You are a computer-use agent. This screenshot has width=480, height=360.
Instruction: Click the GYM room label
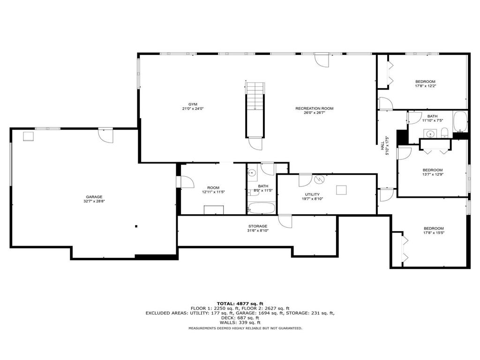coord(193,104)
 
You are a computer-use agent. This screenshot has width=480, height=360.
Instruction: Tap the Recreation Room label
coord(314,108)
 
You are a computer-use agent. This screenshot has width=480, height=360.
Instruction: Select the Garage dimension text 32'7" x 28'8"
coord(94,202)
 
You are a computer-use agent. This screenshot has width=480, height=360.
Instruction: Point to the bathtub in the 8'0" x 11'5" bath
coord(262,208)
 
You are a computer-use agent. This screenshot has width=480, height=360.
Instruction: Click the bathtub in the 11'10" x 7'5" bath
coord(459,122)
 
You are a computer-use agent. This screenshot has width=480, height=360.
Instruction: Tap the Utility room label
coord(312,195)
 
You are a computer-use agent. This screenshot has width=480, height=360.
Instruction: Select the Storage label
coord(258,226)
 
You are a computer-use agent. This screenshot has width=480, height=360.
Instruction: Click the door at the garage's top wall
coord(105,135)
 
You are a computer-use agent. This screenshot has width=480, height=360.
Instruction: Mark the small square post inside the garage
coord(136,226)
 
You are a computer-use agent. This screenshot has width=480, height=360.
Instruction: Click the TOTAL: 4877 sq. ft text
coord(240,303)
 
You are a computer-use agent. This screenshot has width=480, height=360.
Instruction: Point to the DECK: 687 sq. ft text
coord(240,318)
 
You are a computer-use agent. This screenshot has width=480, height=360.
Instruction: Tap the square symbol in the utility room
coord(341,190)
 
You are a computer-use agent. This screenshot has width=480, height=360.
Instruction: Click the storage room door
coord(285,221)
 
